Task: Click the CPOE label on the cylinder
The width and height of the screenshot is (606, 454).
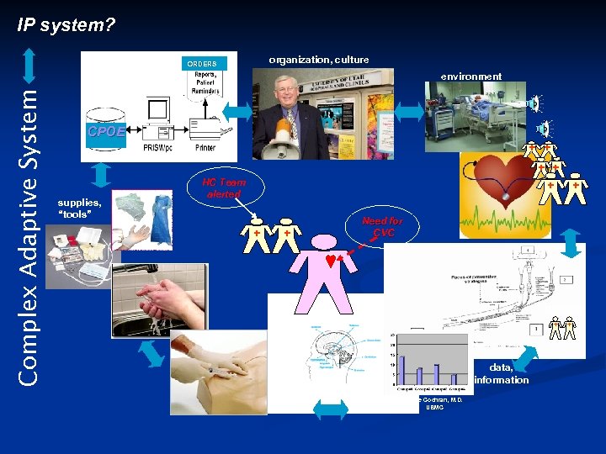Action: coord(104,132)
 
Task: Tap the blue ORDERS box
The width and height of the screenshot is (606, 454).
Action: coord(202,64)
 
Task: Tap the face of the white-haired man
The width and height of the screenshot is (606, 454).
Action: coord(289,93)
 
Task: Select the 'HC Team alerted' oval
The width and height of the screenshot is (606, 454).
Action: coord(225,187)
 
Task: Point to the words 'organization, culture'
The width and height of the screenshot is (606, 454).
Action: coord(318,60)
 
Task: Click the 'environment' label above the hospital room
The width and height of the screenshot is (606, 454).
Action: coord(470,77)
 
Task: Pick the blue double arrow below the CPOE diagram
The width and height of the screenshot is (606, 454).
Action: coord(101,173)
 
